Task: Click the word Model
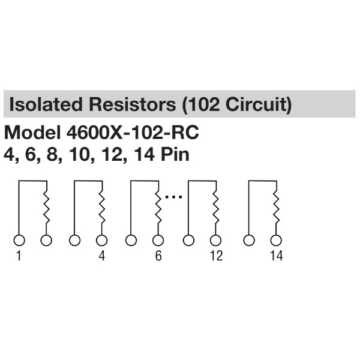(x=31, y=133)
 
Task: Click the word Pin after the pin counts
(x=175, y=154)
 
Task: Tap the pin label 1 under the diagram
(x=19, y=256)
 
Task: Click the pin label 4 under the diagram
(x=101, y=256)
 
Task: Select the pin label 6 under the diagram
(x=158, y=256)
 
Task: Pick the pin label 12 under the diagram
(x=216, y=256)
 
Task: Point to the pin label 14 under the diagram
(x=276, y=256)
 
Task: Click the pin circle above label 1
(x=19, y=240)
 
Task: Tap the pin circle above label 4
(x=101, y=240)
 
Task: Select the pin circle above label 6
(x=158, y=240)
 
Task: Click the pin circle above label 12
(x=216, y=240)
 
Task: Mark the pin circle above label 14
(x=275, y=240)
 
